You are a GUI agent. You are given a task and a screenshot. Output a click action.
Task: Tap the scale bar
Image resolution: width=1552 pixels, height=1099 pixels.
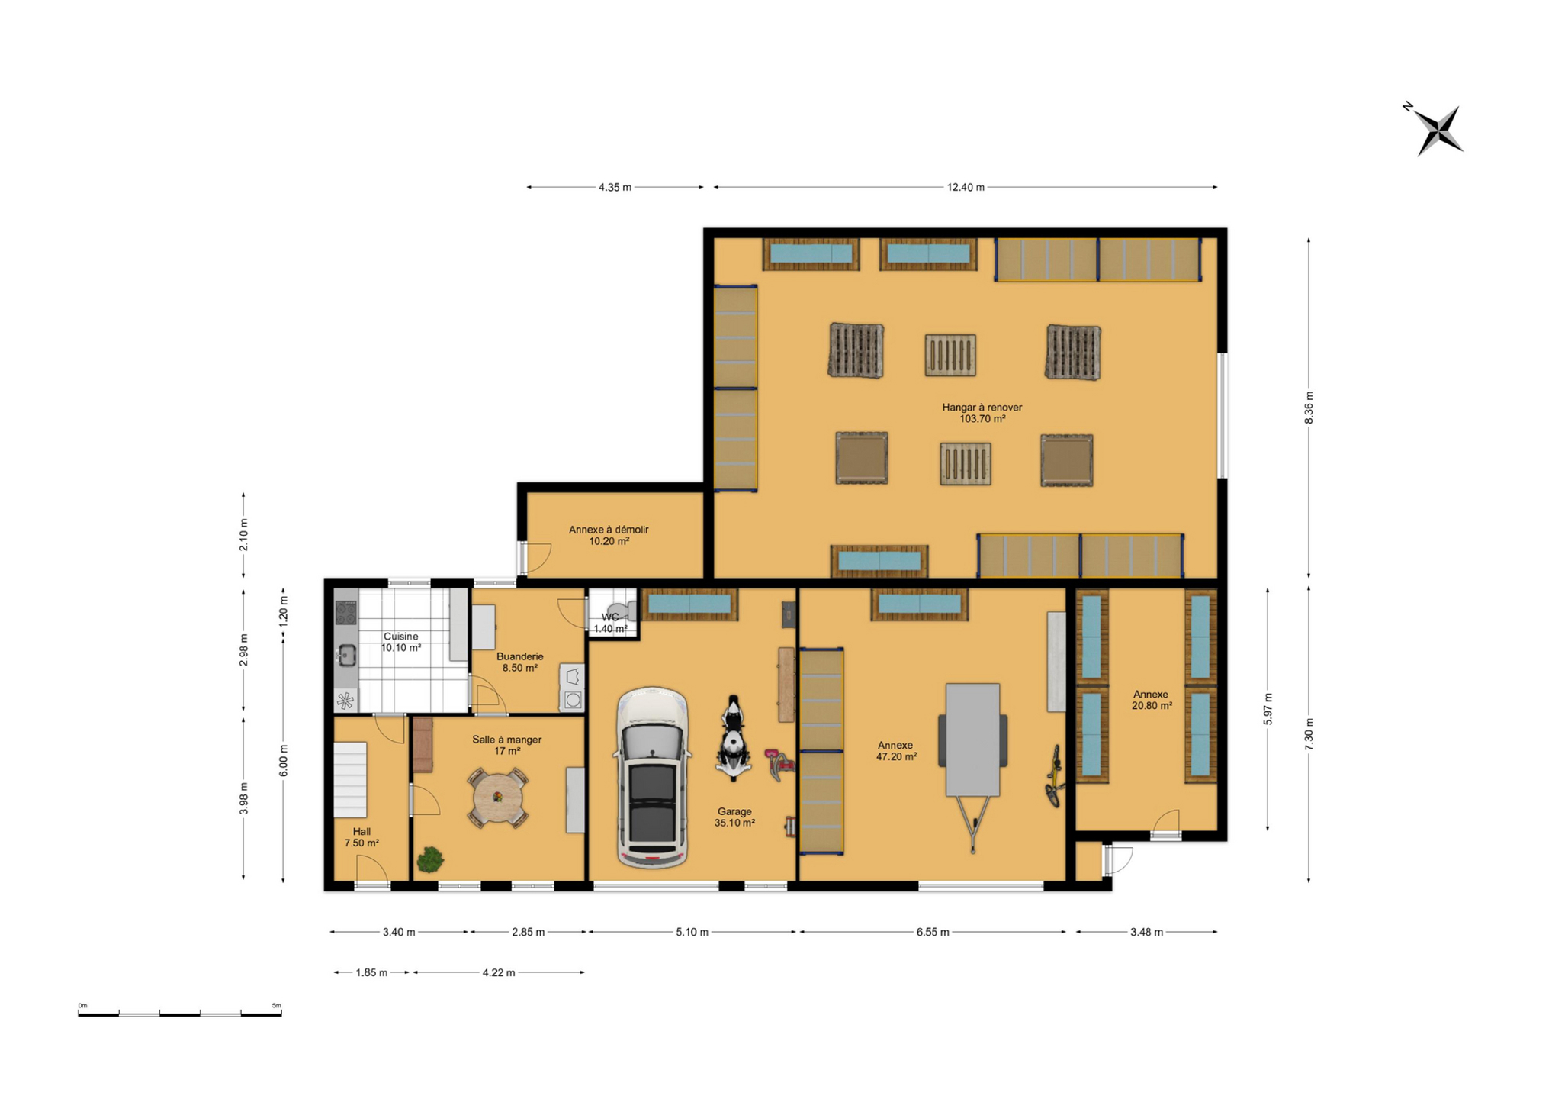180,1012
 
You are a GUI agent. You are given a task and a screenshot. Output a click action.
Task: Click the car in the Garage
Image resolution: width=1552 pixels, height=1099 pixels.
652,778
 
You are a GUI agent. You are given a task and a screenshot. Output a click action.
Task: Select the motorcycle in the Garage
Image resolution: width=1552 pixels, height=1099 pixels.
733,737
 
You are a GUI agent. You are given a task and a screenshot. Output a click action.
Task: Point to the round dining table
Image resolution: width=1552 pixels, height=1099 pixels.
497,798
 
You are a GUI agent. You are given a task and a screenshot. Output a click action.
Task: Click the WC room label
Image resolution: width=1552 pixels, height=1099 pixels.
610,617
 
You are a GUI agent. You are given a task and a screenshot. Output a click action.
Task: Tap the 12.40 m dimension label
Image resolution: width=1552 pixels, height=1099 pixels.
966,187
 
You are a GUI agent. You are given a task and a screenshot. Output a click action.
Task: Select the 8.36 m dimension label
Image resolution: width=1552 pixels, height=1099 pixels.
1309,408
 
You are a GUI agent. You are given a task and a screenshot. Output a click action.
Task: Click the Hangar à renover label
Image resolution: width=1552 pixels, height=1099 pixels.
982,408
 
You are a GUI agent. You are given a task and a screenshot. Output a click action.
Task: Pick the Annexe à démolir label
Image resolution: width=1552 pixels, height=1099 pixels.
609,530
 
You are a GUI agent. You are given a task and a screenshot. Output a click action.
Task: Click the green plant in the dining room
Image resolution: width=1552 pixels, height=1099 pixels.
430,859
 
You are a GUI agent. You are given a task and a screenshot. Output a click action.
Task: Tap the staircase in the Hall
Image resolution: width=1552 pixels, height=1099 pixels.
350,779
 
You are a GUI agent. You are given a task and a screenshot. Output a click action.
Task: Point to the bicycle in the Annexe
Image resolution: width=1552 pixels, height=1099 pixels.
1055,776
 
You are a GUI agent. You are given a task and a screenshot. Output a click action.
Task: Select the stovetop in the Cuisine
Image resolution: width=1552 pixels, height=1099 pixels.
345,613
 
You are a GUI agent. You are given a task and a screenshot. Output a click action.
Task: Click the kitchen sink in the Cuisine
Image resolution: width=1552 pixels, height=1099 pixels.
346,655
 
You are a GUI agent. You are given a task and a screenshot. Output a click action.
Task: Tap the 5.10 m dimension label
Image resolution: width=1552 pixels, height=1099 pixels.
692,932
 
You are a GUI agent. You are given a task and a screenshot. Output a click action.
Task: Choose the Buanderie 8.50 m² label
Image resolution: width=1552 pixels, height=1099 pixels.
520,662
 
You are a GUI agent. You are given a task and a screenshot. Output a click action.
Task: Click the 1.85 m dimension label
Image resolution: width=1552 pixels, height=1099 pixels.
371,972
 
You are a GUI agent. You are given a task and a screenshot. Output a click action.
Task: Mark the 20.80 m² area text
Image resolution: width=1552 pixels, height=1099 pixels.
1152,706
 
